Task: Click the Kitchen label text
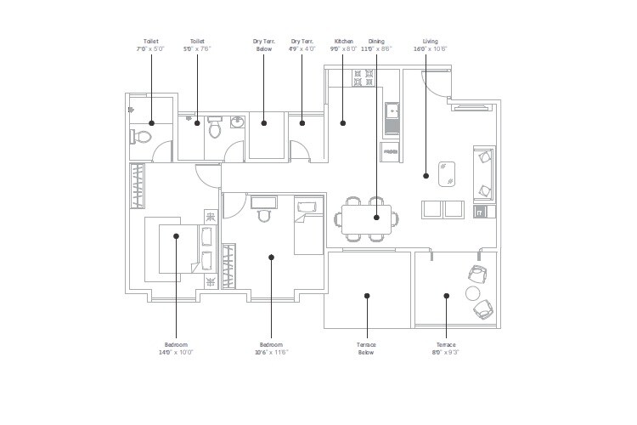(343, 41)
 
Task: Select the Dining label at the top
(376, 41)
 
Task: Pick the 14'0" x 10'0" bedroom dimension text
(176, 351)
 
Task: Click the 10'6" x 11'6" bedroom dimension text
(271, 351)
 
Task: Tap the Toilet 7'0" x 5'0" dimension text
(151, 48)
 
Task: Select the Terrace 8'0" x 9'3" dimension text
(446, 351)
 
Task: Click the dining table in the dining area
(367, 218)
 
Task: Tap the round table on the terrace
(473, 293)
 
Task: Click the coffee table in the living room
(447, 173)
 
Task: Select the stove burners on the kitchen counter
(364, 78)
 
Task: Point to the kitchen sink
(392, 111)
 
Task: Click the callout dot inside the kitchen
(343, 123)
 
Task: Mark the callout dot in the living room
(426, 176)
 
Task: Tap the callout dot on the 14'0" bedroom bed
(176, 236)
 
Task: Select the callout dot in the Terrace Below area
(367, 296)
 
